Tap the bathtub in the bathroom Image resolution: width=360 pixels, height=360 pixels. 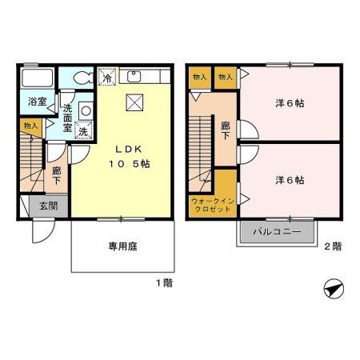coord(37,79)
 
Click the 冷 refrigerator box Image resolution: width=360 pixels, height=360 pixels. coord(106,78)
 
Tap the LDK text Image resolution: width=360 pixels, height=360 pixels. coord(130,149)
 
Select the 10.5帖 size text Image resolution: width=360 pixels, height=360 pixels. coord(130,163)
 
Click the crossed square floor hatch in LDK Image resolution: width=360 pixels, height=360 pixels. coord(134,102)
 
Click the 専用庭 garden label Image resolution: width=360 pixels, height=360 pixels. coord(123,246)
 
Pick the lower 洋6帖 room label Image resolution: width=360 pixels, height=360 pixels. coord(290,180)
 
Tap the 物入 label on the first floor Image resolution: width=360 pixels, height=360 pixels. coord(30,126)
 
